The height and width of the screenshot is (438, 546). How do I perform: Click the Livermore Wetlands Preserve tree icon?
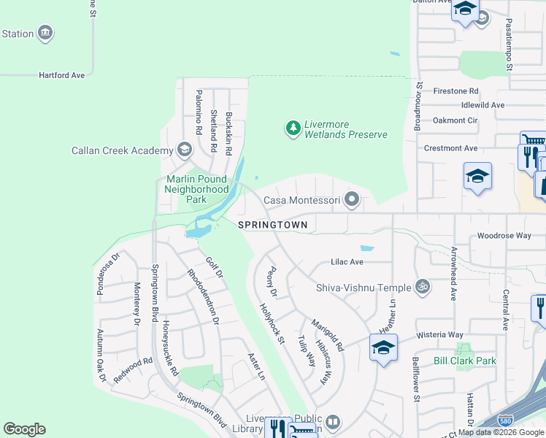[x=293, y=129]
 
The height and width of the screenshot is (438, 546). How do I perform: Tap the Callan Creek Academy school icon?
[x=185, y=151]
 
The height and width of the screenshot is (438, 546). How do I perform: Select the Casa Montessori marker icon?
[x=352, y=199]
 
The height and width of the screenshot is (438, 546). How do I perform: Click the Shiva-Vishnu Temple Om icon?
[x=420, y=287]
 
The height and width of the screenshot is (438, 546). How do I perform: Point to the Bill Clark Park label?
[x=464, y=361]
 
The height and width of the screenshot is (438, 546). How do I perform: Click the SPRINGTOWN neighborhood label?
[x=272, y=225]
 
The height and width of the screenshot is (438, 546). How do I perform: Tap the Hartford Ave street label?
[x=62, y=74]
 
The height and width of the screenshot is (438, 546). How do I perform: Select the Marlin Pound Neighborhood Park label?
[x=197, y=189]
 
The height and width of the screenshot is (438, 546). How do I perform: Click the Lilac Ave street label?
[x=347, y=261]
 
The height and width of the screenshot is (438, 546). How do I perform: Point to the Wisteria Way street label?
[x=440, y=334]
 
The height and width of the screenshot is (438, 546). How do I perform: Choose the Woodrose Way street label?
[x=504, y=236]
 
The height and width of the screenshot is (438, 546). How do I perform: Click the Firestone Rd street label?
[x=455, y=91]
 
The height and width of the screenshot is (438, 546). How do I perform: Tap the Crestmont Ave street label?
[x=451, y=148]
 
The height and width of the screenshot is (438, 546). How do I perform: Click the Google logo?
[x=24, y=429]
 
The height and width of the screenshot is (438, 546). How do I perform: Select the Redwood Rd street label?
[x=137, y=361]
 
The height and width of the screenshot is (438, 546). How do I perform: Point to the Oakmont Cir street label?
[x=455, y=120]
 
